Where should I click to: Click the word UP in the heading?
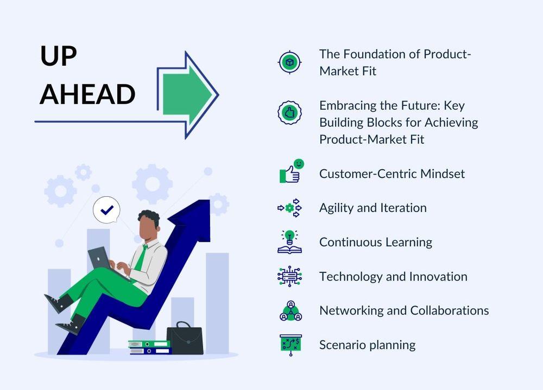pos(59,56)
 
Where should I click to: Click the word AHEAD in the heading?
pos(87,94)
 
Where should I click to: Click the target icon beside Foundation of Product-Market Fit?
pos(290,62)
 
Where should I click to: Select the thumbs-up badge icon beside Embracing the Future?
pos(289,113)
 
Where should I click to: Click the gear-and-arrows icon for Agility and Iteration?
pos(290,208)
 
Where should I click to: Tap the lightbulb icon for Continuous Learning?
pos(289,242)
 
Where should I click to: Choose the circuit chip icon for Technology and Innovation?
pos(289,277)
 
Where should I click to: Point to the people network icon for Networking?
pos(291,311)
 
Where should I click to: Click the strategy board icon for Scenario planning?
pos(291,345)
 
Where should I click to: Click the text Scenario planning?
pos(368,346)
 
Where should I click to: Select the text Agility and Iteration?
pos(373,208)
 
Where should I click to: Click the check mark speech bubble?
pos(106,210)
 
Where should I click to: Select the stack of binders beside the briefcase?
pos(150,347)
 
